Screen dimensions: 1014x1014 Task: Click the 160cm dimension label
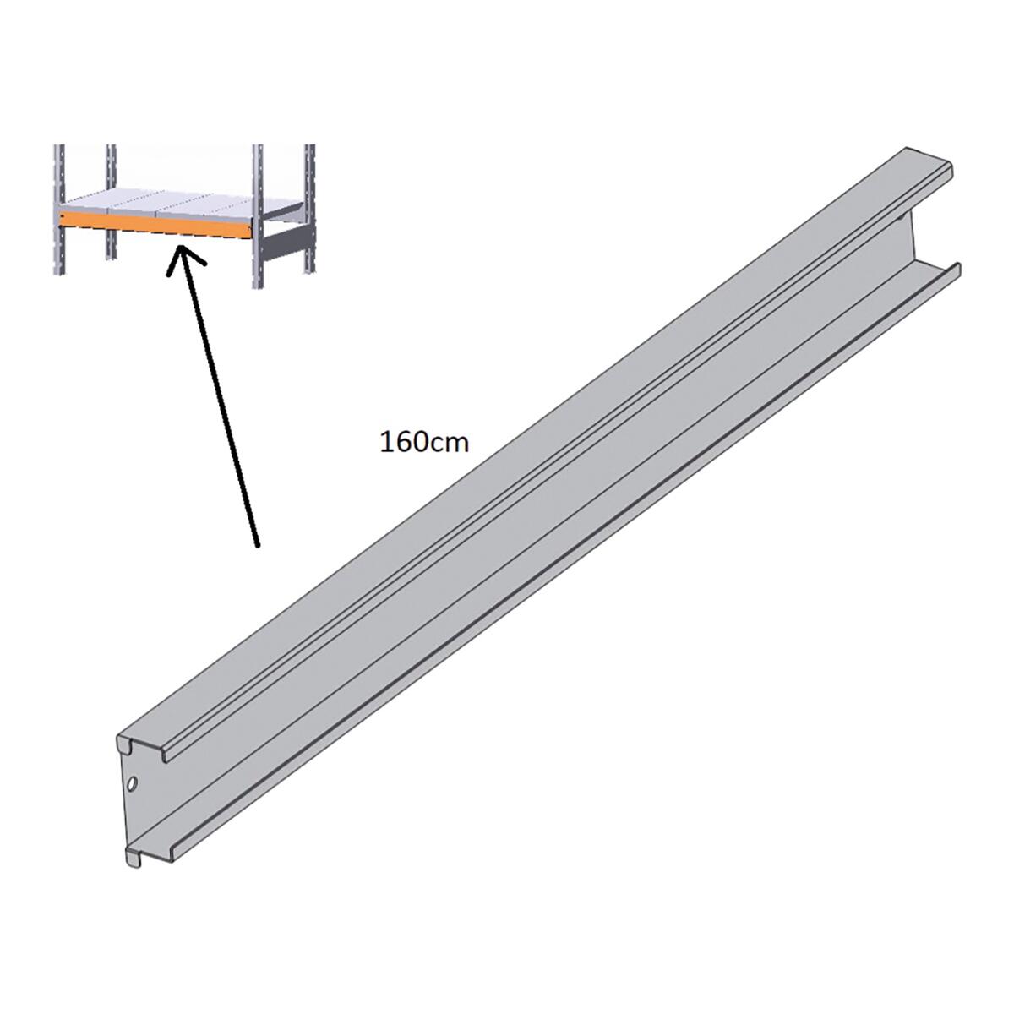pyautogui.click(x=423, y=443)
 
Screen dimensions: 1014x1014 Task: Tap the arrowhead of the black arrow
pyautogui.click(x=182, y=258)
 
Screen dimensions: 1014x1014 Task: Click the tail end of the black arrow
pyautogui.click(x=258, y=546)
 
